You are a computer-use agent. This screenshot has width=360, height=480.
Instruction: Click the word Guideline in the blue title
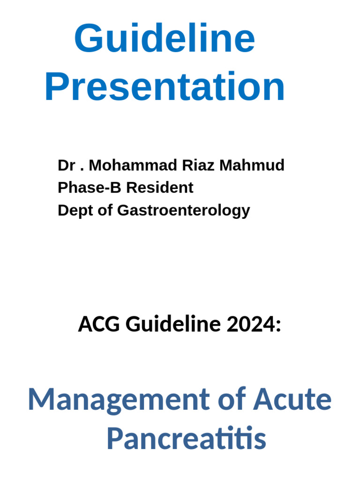coord(165,39)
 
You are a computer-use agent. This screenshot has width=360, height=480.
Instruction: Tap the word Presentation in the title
coord(165,87)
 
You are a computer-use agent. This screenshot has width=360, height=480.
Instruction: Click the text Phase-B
coord(89,188)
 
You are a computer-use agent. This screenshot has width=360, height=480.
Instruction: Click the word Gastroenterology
coord(183,210)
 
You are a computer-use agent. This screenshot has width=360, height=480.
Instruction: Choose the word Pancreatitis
coord(186,439)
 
